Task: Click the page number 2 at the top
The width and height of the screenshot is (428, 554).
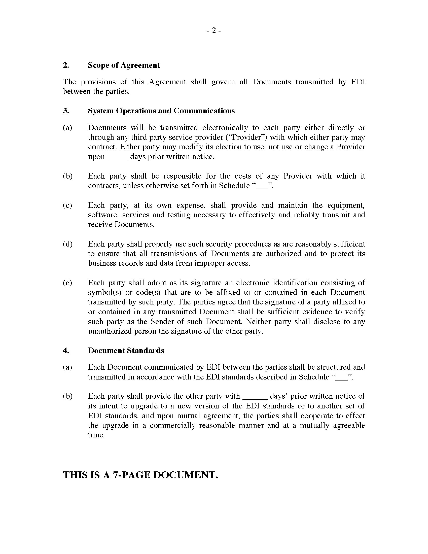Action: click(x=214, y=31)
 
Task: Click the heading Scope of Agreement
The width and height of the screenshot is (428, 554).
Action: click(x=124, y=65)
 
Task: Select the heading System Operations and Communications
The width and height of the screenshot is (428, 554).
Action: click(x=161, y=111)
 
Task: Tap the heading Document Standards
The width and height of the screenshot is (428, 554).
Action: click(x=126, y=351)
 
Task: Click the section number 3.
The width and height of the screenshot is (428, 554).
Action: click(x=66, y=111)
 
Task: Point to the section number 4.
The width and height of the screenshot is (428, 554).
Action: click(x=66, y=351)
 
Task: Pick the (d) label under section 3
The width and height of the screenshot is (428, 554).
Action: click(x=67, y=244)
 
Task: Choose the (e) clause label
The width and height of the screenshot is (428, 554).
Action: click(x=67, y=283)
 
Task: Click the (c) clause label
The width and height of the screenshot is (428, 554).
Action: click(x=67, y=205)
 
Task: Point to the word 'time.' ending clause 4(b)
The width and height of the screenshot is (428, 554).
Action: click(x=96, y=435)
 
